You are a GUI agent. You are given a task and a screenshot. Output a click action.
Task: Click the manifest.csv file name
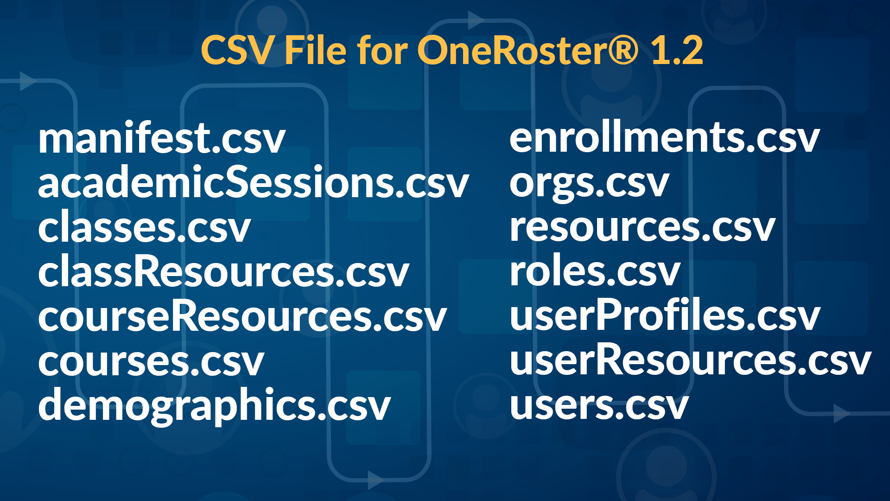[x=161, y=138]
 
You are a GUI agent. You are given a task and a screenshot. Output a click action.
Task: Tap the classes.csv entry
[x=144, y=228]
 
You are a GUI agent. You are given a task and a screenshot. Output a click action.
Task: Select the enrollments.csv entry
[x=664, y=138]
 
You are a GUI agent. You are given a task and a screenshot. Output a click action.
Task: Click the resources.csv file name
[x=642, y=228]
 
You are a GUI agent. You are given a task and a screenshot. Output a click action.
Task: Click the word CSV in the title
[x=237, y=50]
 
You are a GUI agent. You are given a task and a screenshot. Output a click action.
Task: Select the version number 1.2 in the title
[x=677, y=50]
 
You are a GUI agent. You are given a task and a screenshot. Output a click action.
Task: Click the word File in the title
[x=315, y=50]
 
